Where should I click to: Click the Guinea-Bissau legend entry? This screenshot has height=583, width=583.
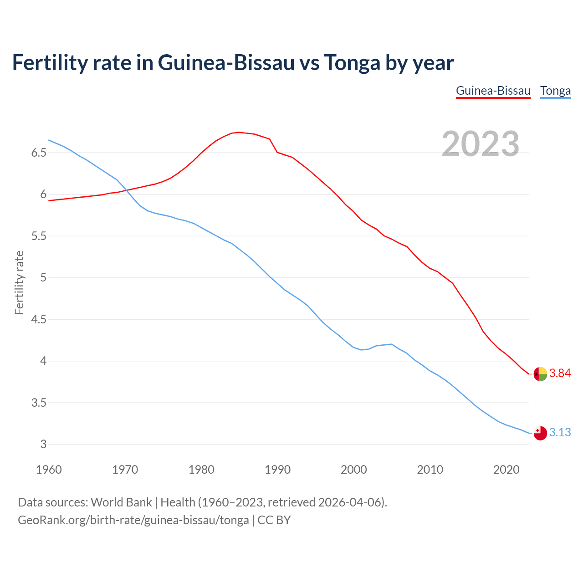coord(493,91)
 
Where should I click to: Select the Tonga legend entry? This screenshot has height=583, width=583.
coord(555,91)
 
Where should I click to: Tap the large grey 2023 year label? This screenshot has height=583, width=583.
coord(481,144)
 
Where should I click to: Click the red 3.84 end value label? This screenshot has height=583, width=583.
coord(560,373)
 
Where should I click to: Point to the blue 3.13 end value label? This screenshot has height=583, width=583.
coord(560,432)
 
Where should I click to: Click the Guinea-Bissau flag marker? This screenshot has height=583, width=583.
coord(540,374)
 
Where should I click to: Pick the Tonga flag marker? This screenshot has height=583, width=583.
coord(540,433)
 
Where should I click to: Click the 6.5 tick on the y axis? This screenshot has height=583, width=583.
coord(39,153)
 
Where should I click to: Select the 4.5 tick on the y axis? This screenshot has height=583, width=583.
coord(39,319)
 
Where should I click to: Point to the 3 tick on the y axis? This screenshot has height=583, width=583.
coord(43,445)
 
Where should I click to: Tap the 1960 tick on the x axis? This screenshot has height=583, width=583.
coord(49,470)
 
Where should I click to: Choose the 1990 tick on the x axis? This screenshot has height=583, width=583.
coord(277,470)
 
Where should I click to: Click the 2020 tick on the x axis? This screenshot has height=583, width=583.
coord(506,470)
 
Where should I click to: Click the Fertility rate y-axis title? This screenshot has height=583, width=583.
coord(19,282)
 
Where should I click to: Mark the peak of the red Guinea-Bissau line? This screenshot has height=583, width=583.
coord(239,133)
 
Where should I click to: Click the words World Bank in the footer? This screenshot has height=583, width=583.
coord(121,502)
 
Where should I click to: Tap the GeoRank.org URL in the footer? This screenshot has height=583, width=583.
coord(133,520)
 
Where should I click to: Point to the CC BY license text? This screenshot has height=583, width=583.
coord(274,520)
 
